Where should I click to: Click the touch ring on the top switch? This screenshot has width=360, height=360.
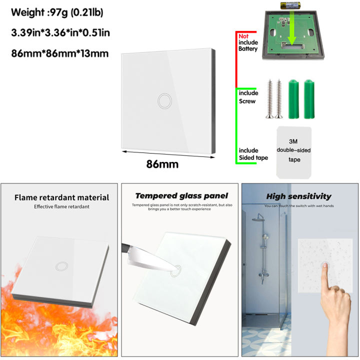pyautogui.click(x=163, y=100)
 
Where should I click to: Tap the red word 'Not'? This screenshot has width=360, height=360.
pyautogui.click(x=243, y=36)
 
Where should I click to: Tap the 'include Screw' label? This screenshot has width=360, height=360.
pyautogui.click(x=248, y=97)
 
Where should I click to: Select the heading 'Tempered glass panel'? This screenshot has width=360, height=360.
pyautogui.click(x=181, y=196)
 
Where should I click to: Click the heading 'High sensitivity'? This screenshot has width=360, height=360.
pyautogui.click(x=298, y=196)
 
